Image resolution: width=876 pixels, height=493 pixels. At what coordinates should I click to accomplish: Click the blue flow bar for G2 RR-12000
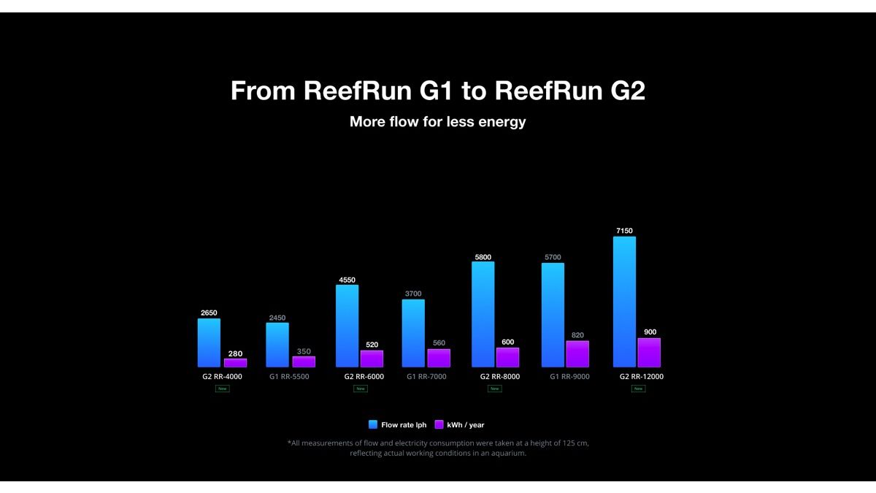coord(624,302)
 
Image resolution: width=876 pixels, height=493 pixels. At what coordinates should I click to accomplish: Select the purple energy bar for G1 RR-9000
coord(577,354)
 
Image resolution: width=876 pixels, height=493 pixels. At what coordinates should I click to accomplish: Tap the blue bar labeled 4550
coord(347,326)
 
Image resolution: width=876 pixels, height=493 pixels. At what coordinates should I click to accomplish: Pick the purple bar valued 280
coord(235,362)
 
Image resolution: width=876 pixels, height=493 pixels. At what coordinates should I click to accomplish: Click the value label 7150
coord(624,231)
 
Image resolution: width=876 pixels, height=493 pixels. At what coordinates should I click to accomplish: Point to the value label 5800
coord(483,257)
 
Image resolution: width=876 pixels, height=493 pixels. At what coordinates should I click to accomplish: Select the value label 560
coord(439,343)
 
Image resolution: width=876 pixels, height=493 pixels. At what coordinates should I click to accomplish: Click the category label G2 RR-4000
coord(222,377)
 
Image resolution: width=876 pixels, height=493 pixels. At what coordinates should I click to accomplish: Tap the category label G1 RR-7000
coord(426,377)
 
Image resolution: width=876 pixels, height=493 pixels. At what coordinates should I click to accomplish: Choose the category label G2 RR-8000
coord(500,377)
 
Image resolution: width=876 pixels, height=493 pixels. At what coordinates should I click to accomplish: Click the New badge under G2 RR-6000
coord(360,389)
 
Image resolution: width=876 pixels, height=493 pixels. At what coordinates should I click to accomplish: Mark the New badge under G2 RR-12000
coord(638,389)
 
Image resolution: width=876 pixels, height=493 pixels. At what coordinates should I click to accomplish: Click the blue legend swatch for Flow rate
coord(373,424)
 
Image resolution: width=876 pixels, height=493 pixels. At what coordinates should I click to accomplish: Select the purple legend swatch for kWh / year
coord(439,424)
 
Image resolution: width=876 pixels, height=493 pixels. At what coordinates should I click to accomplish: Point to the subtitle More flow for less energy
coord(438,122)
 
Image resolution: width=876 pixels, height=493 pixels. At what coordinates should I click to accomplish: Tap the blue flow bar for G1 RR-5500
coord(277,345)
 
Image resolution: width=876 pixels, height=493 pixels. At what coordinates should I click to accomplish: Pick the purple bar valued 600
coord(507,357)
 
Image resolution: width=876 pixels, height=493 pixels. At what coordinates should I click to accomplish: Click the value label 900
coord(650,332)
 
